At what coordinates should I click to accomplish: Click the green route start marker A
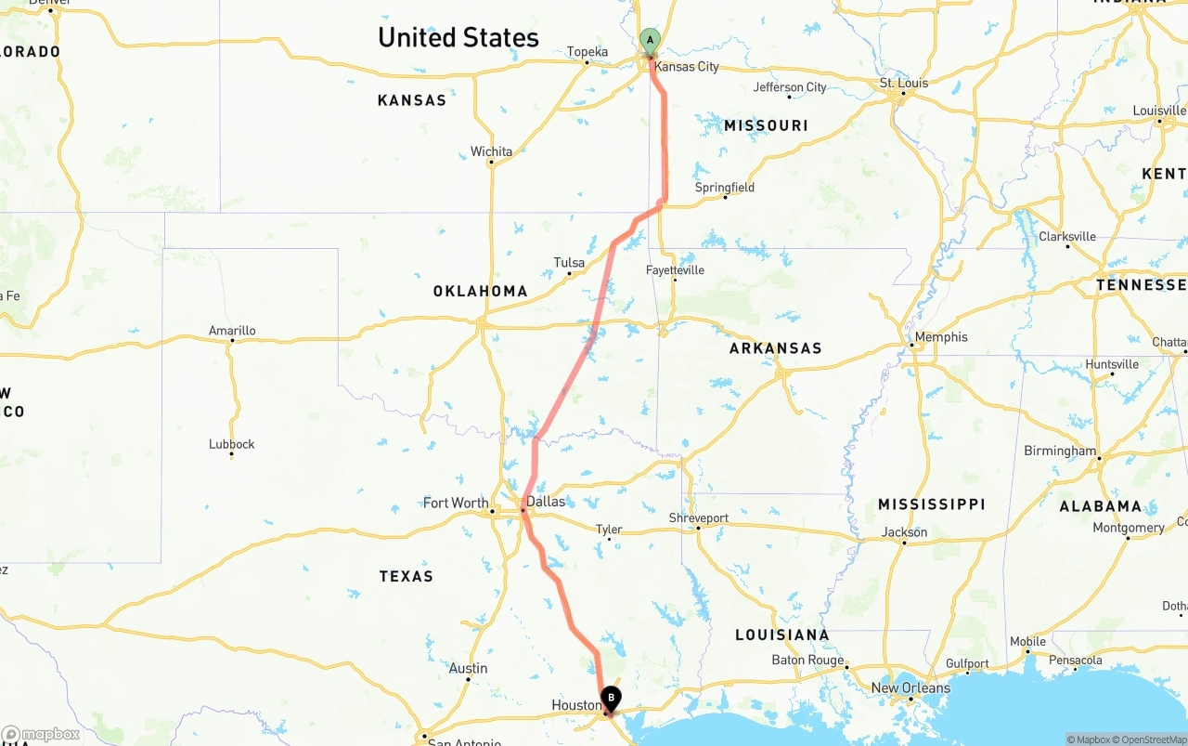[x=650, y=40]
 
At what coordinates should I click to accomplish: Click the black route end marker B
[x=611, y=698]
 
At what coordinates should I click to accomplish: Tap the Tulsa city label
[x=569, y=263]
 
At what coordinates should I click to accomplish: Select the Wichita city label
[x=491, y=151]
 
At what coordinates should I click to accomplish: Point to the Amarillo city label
[x=232, y=331]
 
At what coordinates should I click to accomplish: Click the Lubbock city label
[x=231, y=444]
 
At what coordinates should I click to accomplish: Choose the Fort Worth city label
[x=456, y=503]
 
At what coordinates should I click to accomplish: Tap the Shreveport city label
[x=699, y=517]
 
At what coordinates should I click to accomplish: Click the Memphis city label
[x=941, y=337]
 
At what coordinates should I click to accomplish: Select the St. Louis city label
[x=904, y=83]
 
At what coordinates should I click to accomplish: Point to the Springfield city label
[x=725, y=188]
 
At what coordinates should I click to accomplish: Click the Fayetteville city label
[x=675, y=270]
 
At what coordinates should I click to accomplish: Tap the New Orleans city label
[x=910, y=688]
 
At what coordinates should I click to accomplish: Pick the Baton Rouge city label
[x=807, y=661]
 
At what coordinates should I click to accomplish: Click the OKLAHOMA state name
[x=480, y=292]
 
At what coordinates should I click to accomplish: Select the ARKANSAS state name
[x=776, y=348]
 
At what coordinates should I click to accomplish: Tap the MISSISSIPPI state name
[x=931, y=504]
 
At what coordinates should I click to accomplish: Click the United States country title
[x=458, y=37]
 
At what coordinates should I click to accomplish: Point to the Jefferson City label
[x=790, y=87]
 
